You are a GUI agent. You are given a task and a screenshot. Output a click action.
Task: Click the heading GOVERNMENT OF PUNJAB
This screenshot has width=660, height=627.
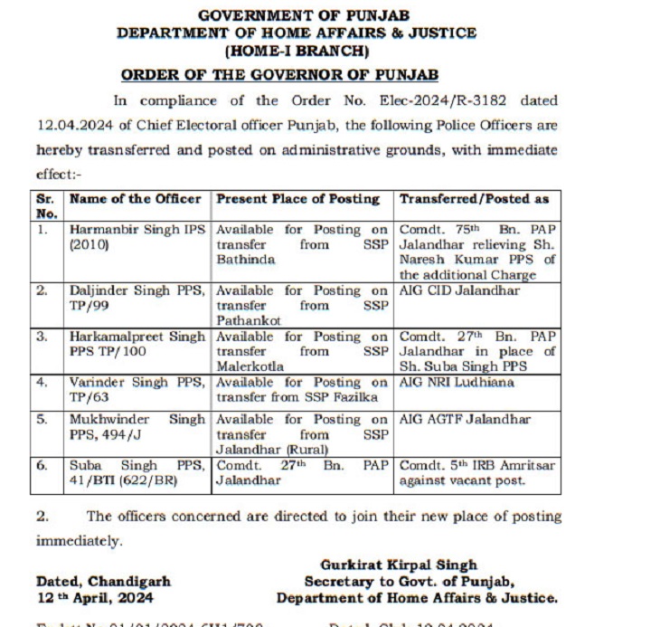pos(297,15)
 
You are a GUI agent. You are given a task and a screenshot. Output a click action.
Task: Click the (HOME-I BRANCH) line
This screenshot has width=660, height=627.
pos(297,51)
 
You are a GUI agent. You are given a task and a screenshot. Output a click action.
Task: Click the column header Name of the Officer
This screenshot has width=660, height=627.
pos(135,198)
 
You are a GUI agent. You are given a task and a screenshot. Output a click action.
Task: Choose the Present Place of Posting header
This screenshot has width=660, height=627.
pos(297,198)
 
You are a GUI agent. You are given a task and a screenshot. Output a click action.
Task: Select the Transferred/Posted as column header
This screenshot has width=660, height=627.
pos(474,198)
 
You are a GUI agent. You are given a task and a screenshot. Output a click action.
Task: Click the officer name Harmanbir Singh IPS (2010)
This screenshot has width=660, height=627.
pos(137,236)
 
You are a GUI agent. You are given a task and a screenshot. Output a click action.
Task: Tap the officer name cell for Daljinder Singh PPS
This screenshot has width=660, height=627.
pos(137,298)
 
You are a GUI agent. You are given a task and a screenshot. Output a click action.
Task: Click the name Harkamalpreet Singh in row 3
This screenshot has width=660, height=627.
pos(137,337)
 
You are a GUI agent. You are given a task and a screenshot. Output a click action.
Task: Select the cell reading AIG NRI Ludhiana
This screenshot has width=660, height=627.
pos(457,383)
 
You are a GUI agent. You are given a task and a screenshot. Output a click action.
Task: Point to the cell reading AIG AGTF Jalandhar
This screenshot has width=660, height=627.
pos(465,420)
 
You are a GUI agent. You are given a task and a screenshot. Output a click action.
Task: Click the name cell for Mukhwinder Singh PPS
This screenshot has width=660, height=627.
pos(137,426)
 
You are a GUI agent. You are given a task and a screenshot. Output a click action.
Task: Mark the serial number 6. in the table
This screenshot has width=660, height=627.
pos(42,465)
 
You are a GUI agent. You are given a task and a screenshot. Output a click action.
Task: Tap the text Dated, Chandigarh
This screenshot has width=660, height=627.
pos(103,581)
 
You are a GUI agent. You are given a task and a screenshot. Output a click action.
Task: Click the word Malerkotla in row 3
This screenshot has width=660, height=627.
pos(250,366)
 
